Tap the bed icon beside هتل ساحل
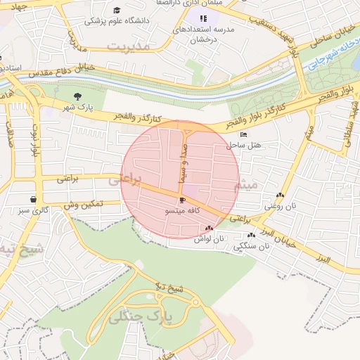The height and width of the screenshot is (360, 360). tap(243, 135)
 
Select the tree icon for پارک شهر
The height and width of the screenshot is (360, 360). tap(77, 96)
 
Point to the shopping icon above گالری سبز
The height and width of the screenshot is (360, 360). tap(33, 199)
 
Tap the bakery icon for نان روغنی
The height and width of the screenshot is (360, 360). tap(281, 195)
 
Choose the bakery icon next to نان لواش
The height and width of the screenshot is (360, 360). tap(208, 228)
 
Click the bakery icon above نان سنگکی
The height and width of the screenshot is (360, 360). tap(251, 235)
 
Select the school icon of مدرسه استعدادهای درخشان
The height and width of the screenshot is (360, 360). tap(203, 18)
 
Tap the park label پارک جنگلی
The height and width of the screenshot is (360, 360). tap(140, 318)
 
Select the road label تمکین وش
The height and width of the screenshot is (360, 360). tap(83, 204)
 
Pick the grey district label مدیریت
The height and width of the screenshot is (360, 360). tap(129, 46)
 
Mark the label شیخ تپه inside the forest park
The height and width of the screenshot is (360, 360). tap(169, 288)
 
